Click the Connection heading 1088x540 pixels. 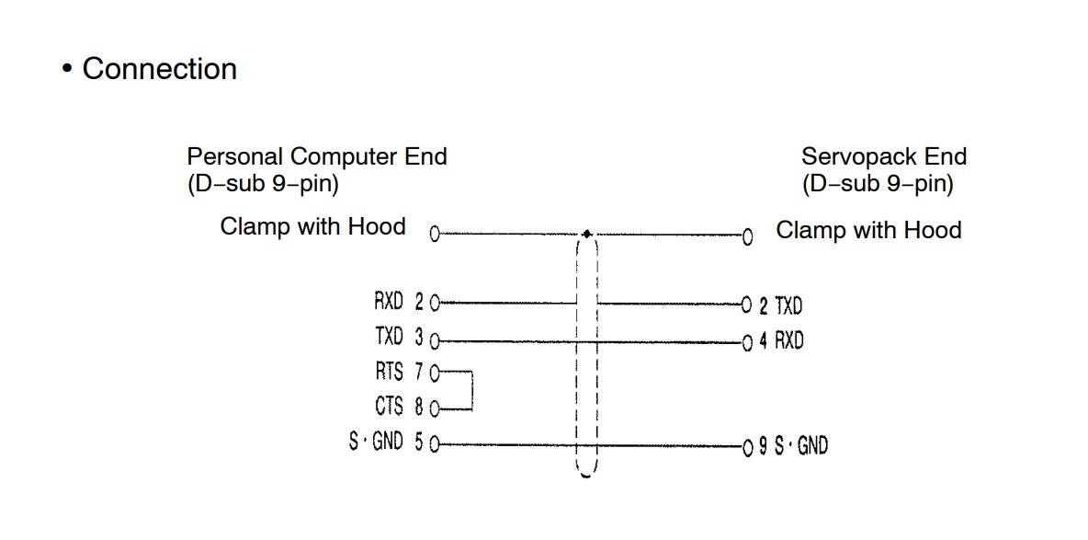(159, 69)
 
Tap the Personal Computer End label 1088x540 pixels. (316, 156)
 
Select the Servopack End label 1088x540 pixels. (883, 156)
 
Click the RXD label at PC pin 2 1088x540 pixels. (388, 302)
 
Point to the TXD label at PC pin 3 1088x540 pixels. (388, 338)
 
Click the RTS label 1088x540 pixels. (388, 372)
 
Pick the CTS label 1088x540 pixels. (388, 406)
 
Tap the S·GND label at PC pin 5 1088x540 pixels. (376, 442)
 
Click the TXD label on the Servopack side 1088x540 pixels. (788, 304)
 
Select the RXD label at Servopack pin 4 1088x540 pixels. (788, 341)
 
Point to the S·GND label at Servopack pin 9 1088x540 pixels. (800, 446)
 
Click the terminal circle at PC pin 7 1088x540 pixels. (435, 373)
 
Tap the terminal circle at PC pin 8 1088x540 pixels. (435, 408)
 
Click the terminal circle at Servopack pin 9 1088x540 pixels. (747, 447)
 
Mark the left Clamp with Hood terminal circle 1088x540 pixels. (435, 235)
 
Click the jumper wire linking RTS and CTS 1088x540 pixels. (471, 390)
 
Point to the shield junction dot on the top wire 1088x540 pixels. (587, 235)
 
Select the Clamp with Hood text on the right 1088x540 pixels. (868, 230)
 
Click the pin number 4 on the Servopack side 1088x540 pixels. (763, 342)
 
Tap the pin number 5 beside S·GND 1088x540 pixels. (419, 443)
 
